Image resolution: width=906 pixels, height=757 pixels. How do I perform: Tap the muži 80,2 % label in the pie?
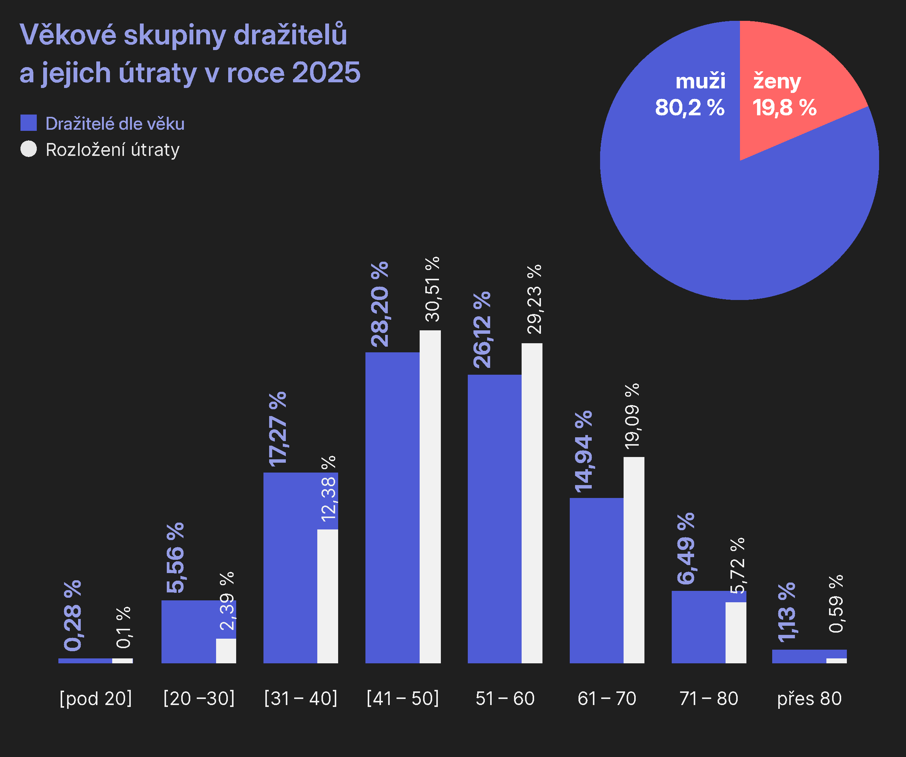click(690, 95)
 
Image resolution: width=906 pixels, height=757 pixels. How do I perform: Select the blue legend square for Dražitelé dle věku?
click(28, 123)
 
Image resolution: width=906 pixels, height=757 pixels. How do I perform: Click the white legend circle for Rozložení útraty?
click(28, 149)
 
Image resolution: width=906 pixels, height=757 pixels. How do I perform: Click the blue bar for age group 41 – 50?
click(392, 509)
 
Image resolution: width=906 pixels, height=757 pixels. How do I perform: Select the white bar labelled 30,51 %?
click(430, 496)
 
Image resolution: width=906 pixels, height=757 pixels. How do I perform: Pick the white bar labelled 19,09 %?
click(634, 561)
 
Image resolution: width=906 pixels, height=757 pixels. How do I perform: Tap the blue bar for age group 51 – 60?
click(494, 518)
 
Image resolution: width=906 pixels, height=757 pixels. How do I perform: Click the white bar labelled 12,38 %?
click(328, 595)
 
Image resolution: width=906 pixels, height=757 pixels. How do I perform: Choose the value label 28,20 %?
click(380, 304)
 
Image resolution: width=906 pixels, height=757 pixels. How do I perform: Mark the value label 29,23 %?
click(534, 299)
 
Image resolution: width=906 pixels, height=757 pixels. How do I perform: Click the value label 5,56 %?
click(175, 558)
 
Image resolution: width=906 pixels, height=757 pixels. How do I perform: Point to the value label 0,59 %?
click(836, 604)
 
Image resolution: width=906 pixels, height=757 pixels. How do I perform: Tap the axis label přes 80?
click(809, 698)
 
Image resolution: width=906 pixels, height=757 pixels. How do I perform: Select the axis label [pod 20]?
click(96, 698)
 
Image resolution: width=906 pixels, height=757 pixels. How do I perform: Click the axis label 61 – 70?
click(607, 698)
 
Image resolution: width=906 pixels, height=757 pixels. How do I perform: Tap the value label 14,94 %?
click(583, 451)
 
